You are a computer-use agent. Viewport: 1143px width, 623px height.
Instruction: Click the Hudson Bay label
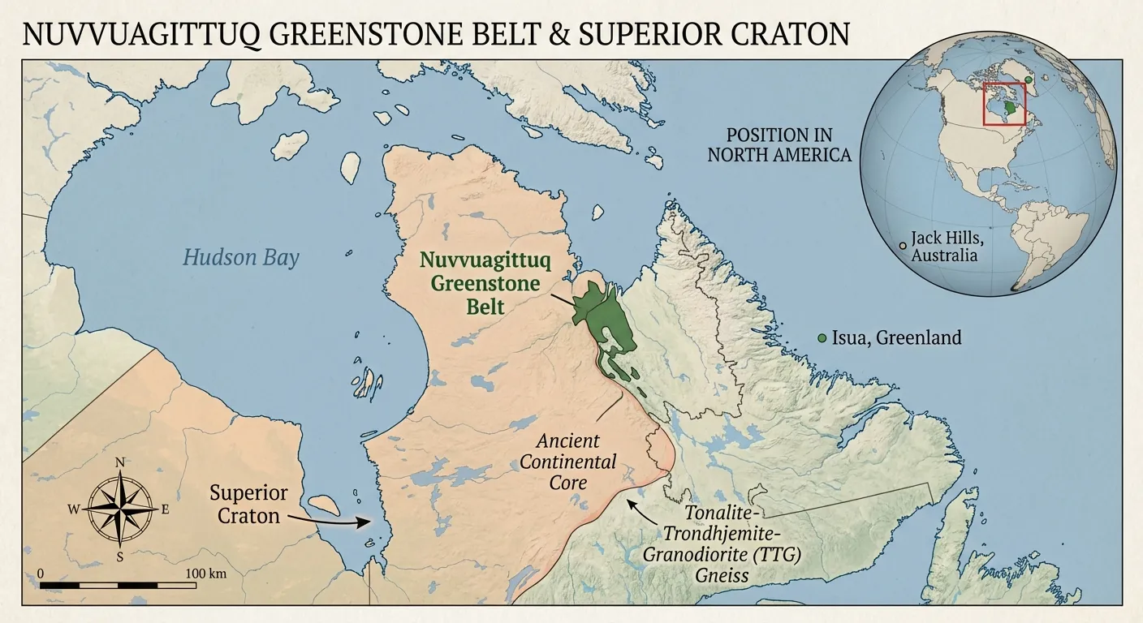pos(240,258)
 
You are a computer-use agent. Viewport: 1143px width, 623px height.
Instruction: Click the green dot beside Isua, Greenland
pos(822,337)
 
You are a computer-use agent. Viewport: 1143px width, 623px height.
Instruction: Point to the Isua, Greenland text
pos(896,337)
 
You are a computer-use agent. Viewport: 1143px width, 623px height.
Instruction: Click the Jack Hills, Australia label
pos(944,246)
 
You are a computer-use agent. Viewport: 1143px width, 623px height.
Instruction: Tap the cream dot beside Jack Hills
pos(902,244)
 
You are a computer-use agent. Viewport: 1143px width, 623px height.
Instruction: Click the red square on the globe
pos(1004,103)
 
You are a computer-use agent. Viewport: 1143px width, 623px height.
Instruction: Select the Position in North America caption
pos(779,144)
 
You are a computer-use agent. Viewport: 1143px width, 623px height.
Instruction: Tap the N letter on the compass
pos(120,463)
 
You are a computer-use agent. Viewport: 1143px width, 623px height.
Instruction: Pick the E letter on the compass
pos(165,509)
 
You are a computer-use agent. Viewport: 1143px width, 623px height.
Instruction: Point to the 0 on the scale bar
pos(41,574)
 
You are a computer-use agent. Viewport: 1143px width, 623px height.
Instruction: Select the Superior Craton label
pos(248,504)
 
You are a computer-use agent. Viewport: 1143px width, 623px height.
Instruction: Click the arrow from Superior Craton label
pos(325,519)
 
